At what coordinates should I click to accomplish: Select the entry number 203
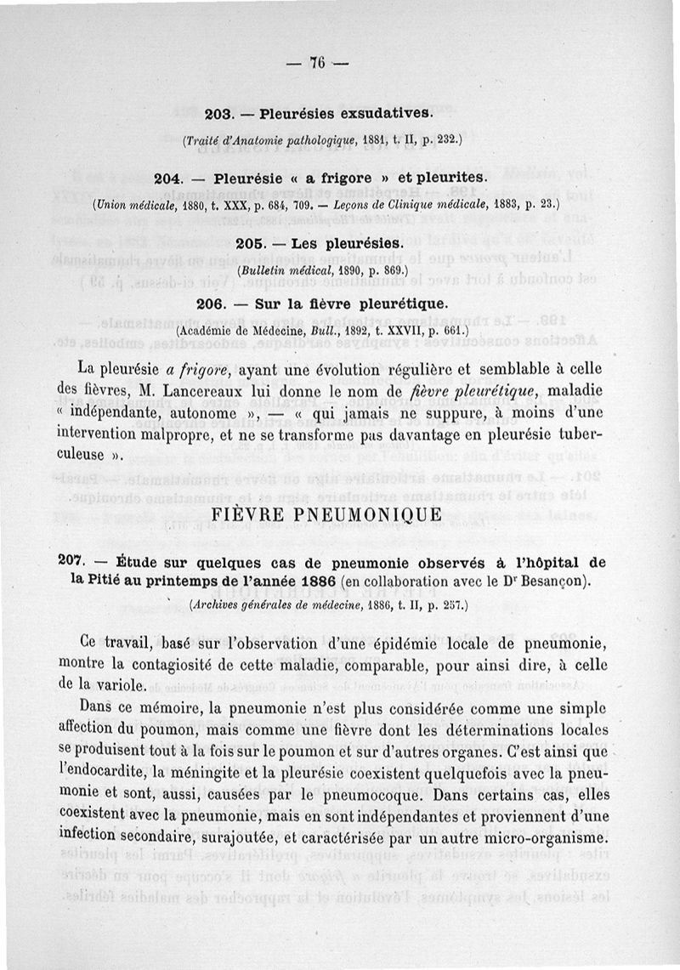click(x=220, y=112)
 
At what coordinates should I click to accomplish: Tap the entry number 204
click(x=171, y=179)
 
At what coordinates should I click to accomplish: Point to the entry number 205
click(x=250, y=244)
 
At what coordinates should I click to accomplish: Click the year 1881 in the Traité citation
click(x=354, y=138)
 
